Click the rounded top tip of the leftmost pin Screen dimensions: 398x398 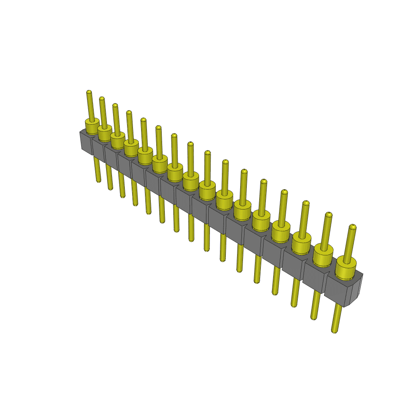(x=89, y=92)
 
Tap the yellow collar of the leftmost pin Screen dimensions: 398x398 (x=92, y=127)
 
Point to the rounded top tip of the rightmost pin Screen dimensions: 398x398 (x=353, y=226)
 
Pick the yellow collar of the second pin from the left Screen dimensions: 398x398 (x=105, y=133)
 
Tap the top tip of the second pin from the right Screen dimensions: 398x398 (x=329, y=215)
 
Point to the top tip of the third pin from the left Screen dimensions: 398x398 (x=115, y=105)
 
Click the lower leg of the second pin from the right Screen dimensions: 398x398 (x=315, y=305)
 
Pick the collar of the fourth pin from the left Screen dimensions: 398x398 (x=131, y=147)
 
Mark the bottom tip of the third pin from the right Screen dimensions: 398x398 (x=295, y=305)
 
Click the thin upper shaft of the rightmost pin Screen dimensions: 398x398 (x=350, y=243)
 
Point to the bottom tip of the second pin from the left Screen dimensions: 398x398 (x=111, y=188)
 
